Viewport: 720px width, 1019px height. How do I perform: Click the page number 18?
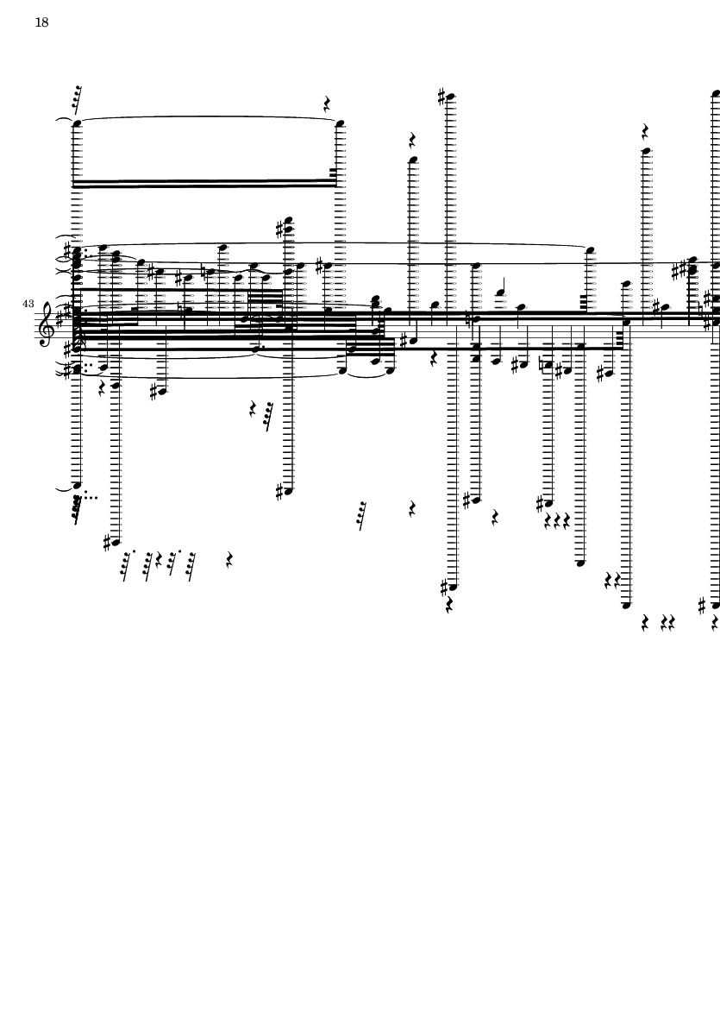coord(41,22)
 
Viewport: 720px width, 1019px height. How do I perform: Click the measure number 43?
coord(28,304)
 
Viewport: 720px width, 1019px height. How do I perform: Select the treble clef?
coord(47,323)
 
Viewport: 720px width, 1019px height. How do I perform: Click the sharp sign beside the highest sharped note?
coord(442,97)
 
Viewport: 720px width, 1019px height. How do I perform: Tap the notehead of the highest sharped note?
coord(451,97)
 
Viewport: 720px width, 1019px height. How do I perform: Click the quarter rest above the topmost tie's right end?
coord(327,104)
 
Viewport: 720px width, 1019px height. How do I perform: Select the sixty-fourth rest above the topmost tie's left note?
coord(77,99)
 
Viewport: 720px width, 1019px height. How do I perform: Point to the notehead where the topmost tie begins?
coord(77,123)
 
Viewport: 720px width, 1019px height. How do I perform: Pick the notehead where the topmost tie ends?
coord(340,123)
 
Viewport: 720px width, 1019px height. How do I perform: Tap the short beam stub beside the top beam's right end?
coord(334,173)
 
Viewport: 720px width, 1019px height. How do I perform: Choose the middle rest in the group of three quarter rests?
coord(557,520)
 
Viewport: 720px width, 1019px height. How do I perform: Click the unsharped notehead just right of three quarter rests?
coord(580,563)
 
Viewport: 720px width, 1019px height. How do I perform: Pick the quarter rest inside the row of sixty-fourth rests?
coord(159,560)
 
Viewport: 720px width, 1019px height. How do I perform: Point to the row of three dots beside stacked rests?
coord(91,498)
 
